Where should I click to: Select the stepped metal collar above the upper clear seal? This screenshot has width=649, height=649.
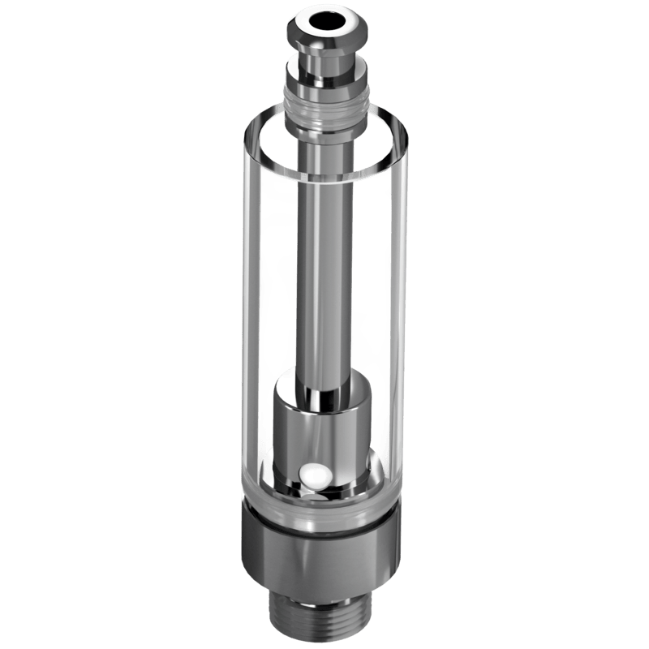[325, 77]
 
